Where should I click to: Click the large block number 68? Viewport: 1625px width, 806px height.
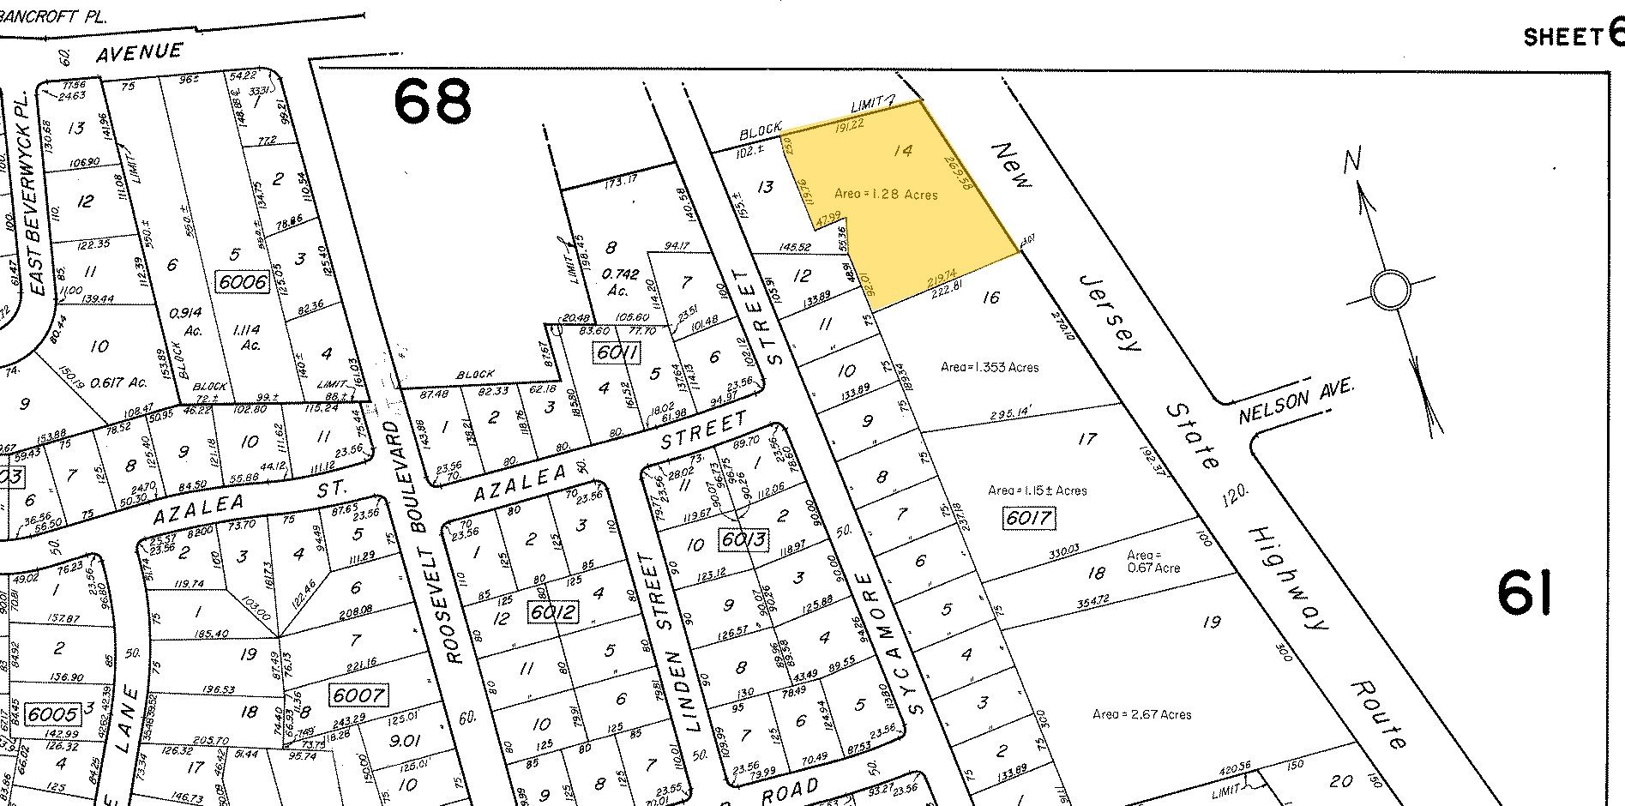point(432,101)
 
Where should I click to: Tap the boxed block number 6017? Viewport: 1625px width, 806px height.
point(1026,519)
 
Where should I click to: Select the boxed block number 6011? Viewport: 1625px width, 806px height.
point(616,352)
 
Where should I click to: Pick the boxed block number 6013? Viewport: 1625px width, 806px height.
point(743,540)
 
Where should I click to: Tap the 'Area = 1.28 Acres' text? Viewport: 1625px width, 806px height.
point(886,195)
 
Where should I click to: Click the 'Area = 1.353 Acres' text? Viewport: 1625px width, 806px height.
point(989,367)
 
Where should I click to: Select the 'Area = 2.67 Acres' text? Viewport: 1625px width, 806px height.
point(1141,714)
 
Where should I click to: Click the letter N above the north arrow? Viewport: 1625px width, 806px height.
point(1353,160)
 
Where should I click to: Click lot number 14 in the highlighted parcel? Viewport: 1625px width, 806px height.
point(902,152)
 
